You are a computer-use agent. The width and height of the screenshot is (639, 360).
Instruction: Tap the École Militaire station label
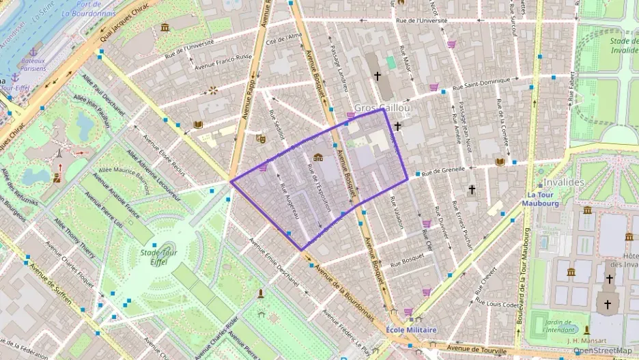[x=411, y=329]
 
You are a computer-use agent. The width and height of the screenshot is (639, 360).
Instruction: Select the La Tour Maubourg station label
[x=541, y=198]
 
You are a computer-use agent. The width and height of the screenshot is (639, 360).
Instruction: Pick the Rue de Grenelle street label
[x=443, y=169]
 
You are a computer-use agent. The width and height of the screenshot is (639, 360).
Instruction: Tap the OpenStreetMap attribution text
[x=601, y=350]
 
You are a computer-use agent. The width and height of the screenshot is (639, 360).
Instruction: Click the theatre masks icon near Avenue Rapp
[x=259, y=138]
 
